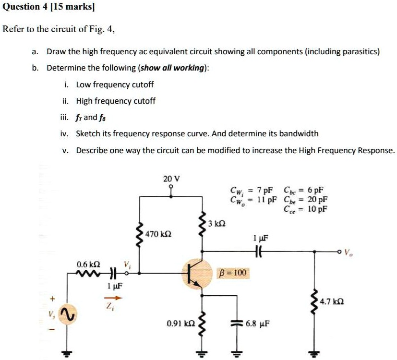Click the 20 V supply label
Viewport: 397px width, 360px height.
(x=171, y=179)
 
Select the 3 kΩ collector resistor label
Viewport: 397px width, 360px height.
(x=218, y=224)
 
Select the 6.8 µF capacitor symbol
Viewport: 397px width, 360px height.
(x=236, y=323)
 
